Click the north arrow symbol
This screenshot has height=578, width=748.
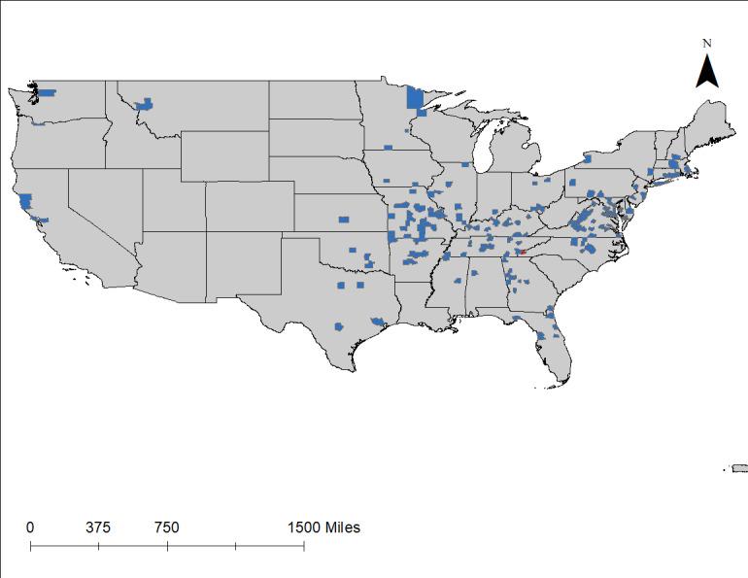pos(708,71)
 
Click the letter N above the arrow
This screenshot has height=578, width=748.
pos(708,43)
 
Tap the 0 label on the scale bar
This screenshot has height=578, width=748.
pos(30,527)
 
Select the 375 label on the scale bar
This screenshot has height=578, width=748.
pos(97,527)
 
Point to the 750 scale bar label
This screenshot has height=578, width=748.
pos(166,527)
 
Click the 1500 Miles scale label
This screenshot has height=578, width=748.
pos(323,527)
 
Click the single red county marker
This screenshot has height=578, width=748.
pos(521,252)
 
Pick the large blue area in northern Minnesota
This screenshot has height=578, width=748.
pos(415,98)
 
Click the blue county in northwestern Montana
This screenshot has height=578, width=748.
pos(146,103)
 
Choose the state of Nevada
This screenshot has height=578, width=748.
pos(97,209)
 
